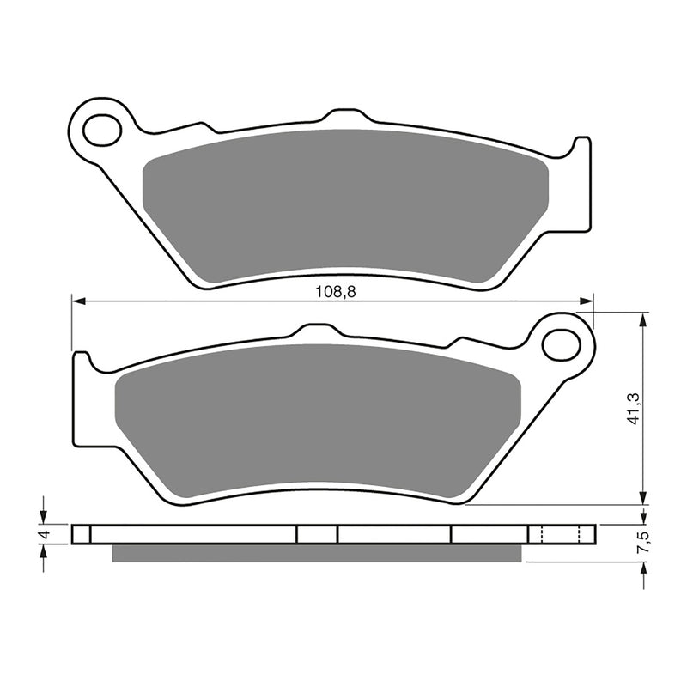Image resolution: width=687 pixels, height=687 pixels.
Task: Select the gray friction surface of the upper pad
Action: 343,206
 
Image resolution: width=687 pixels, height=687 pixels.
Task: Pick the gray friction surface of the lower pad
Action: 318,421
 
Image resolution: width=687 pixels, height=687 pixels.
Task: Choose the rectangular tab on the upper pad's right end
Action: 581,184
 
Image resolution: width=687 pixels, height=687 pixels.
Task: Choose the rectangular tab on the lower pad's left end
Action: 82,399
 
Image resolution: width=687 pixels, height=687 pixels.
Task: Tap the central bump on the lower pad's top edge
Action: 315,331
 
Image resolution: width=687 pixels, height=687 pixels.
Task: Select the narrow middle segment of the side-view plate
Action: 317,534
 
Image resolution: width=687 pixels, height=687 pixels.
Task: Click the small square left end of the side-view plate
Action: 82,534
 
